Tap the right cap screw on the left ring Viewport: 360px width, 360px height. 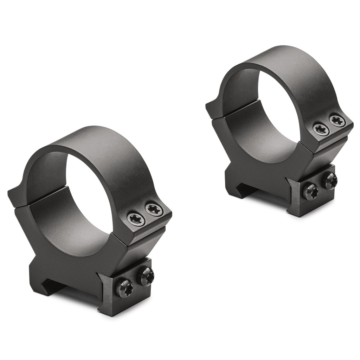coord(154,210)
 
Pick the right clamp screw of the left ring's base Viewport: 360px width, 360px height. coord(147,276)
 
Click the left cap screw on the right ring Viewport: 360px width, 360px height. coord(321,130)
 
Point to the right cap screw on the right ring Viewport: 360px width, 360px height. coord(337,121)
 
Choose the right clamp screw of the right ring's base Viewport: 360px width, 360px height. coord(330,181)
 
